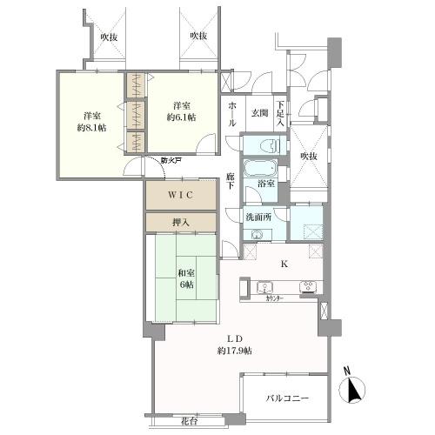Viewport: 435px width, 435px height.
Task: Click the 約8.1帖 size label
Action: tap(90, 127)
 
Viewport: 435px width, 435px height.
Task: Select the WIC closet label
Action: tap(179, 195)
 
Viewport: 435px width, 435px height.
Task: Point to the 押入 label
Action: tap(180, 223)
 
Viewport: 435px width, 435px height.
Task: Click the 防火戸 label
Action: tap(171, 160)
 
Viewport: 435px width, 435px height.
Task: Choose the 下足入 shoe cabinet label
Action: tap(280, 113)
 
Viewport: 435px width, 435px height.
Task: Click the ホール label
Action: tap(232, 113)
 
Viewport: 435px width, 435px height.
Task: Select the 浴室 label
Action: tap(265, 184)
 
